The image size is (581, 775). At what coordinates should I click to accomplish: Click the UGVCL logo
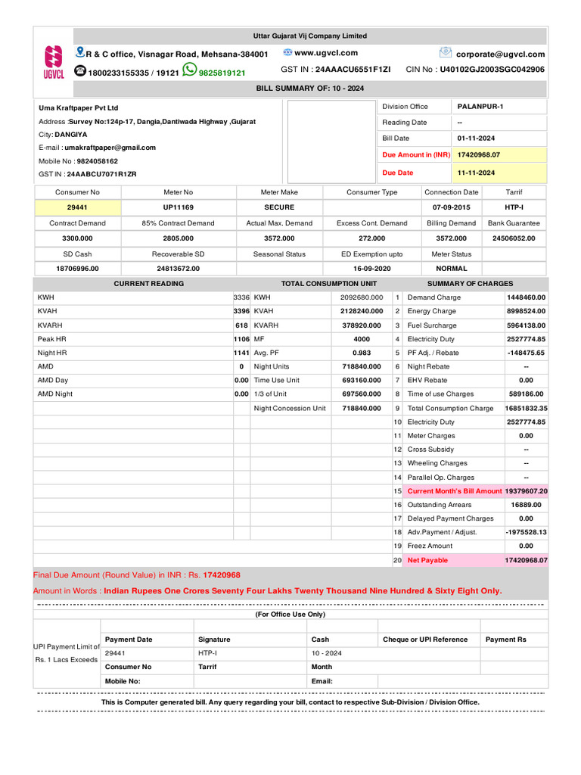tap(54, 62)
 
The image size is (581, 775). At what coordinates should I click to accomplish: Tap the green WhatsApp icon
tap(189, 70)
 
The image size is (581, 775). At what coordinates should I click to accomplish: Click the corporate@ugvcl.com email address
tap(500, 54)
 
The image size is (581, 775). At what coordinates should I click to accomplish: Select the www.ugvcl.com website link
tap(325, 53)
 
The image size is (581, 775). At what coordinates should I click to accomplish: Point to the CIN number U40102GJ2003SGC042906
tap(492, 70)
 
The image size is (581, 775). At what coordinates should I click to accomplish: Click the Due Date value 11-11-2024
tap(476, 173)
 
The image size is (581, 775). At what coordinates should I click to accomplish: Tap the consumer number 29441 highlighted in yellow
tap(77, 207)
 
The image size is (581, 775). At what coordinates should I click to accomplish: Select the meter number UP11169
tap(178, 207)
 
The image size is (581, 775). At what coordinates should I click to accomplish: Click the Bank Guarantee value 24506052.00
tap(514, 238)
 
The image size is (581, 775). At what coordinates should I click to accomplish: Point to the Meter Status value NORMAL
tap(452, 269)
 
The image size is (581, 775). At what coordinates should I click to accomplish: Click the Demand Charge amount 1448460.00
tap(526, 297)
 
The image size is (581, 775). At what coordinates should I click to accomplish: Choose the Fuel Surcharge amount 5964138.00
tap(526, 325)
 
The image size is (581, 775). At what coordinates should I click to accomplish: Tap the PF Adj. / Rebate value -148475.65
tap(526, 353)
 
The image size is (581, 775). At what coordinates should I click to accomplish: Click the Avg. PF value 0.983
tap(362, 353)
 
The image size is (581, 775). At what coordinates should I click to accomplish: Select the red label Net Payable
tap(427, 560)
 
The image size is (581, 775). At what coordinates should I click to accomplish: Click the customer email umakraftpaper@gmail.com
tap(110, 148)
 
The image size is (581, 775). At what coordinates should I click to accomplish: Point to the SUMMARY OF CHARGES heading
tap(470, 284)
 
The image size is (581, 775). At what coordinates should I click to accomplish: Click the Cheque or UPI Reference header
tap(425, 640)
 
